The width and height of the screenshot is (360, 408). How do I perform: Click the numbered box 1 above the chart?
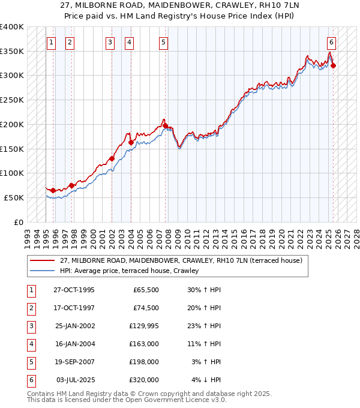(x=52, y=42)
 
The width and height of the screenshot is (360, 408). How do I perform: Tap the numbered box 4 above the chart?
(x=130, y=42)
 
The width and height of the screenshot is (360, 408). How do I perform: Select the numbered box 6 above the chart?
(x=331, y=42)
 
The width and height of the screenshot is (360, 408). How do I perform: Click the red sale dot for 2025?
(x=334, y=65)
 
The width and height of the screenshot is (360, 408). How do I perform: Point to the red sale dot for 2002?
(x=112, y=159)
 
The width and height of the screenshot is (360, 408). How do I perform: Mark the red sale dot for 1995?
(x=53, y=190)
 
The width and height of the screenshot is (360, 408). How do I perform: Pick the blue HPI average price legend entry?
(x=129, y=271)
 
